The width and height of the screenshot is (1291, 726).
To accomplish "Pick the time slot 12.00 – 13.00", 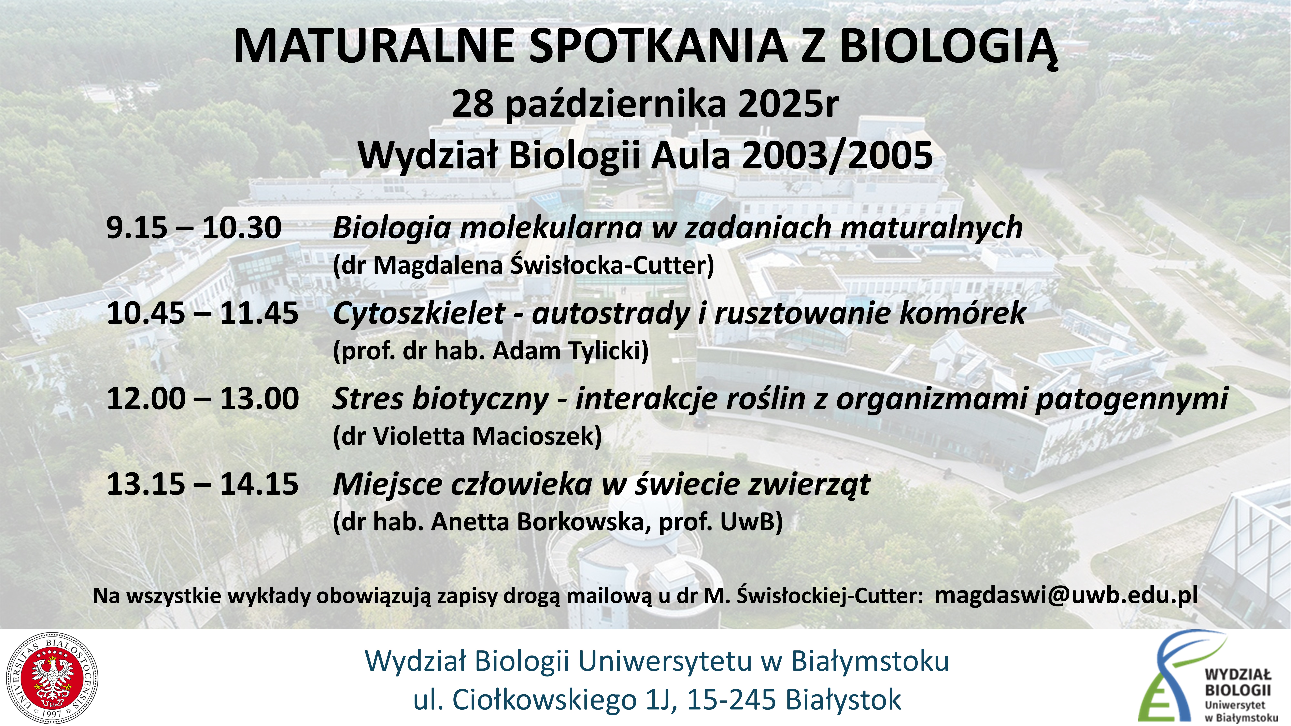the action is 203,399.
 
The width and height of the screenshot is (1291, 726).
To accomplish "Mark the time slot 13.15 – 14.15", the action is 203,484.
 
